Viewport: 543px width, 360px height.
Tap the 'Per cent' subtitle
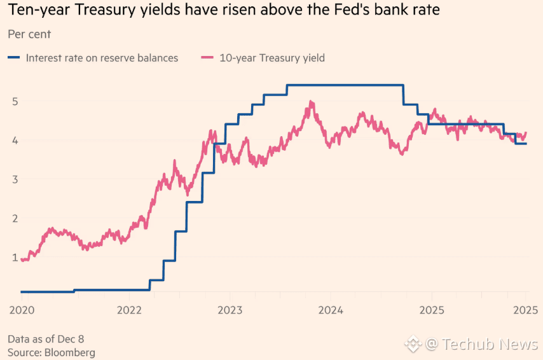(x=29, y=34)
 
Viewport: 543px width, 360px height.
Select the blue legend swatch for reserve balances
(x=15, y=58)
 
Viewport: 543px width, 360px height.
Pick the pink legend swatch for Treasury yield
(x=208, y=58)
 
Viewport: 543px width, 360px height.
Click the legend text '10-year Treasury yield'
(x=272, y=58)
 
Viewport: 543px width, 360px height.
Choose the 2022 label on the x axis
(x=129, y=310)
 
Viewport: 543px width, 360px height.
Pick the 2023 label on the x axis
(x=230, y=310)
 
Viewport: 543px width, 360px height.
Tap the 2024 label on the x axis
(x=331, y=310)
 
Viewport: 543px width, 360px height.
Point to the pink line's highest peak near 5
(x=311, y=102)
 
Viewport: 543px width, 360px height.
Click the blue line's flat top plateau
(x=343, y=85)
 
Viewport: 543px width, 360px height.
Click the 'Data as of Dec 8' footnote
(x=45, y=338)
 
